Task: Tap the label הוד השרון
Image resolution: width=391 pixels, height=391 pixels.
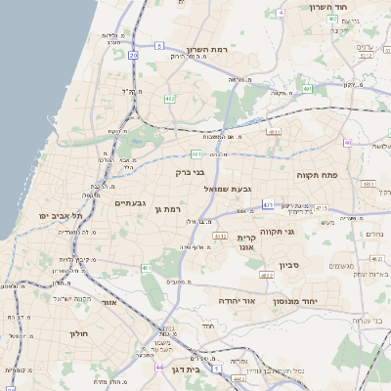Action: click(x=328, y=8)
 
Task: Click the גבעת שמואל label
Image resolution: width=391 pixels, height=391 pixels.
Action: click(x=229, y=187)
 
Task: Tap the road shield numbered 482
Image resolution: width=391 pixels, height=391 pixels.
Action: click(x=170, y=99)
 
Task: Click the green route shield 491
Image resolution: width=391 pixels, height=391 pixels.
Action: click(x=307, y=89)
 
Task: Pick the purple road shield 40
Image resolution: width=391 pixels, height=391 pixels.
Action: click(x=347, y=143)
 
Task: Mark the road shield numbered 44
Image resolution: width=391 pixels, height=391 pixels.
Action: click(x=159, y=367)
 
